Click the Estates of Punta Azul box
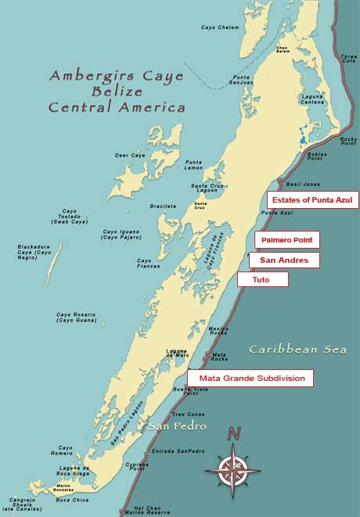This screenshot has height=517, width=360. (312, 199)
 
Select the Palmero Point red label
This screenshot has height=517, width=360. (286, 240)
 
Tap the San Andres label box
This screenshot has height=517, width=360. (284, 260)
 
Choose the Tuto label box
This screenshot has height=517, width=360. (263, 279)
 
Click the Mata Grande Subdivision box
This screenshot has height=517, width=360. (250, 378)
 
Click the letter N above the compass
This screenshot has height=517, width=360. (232, 433)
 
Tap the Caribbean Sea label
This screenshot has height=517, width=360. (297, 350)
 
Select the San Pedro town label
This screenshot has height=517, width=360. (178, 426)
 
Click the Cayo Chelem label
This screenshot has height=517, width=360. (219, 27)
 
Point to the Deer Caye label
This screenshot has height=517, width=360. (131, 156)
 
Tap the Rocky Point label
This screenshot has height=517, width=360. (347, 141)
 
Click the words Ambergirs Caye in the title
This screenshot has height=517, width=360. (117, 76)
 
